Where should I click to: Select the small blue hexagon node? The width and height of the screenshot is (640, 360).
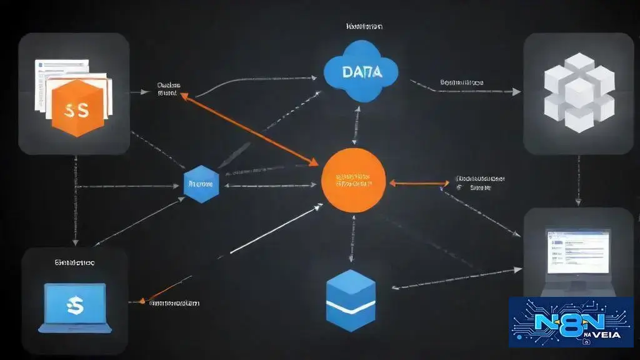pos(201,184)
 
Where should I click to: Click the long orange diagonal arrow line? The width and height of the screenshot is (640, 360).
pos(250,127)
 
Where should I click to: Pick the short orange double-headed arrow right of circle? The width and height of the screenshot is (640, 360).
pos(419,183)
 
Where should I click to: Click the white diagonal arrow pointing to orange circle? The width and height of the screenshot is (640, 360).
pos(275,229)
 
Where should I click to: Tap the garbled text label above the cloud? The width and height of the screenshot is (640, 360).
pos(365,27)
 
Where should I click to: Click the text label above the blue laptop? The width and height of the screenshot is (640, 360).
pos(74,263)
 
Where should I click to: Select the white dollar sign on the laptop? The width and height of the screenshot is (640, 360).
pos(75,304)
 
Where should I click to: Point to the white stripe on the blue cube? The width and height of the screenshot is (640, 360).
pos(351,306)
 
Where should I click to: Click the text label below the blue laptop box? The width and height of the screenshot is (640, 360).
pos(174,303)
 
